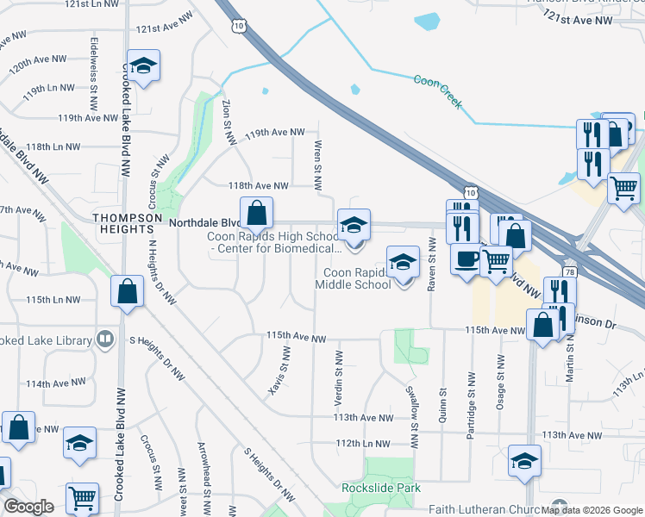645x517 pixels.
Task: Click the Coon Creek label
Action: click(x=438, y=92)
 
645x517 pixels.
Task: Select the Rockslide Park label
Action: click(x=381, y=488)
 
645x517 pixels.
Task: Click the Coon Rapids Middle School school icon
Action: click(x=403, y=262)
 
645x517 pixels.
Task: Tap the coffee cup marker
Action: click(x=467, y=258)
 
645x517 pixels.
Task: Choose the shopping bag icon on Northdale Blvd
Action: click(x=257, y=213)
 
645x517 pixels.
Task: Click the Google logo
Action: click(x=28, y=507)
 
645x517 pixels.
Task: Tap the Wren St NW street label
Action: click(x=318, y=165)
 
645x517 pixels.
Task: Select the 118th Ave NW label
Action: click(x=257, y=185)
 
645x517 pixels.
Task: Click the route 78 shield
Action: click(x=570, y=271)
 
